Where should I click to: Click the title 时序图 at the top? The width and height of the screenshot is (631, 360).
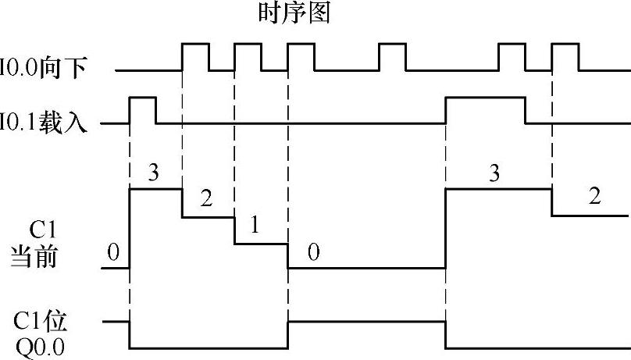(294, 13)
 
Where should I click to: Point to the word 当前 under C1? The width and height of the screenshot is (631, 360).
(34, 256)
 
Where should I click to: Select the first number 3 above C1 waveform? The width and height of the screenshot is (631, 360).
(153, 173)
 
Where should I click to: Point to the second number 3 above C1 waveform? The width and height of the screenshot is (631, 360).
(494, 173)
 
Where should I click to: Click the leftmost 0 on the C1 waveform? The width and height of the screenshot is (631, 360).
(113, 251)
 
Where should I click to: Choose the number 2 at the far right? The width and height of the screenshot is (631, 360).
(594, 197)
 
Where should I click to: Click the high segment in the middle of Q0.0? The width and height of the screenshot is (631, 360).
(366, 320)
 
